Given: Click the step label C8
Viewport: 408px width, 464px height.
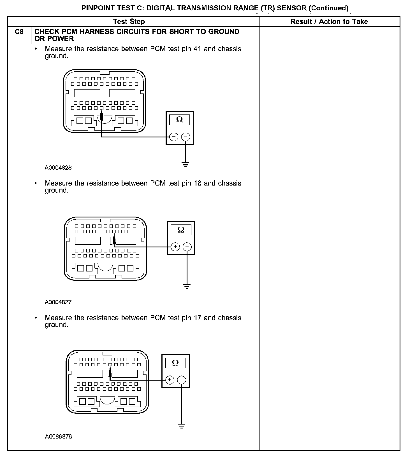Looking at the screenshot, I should click(19, 32).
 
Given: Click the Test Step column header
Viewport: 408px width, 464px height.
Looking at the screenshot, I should click(129, 22).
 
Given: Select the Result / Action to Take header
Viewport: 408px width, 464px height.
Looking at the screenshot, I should click(329, 22).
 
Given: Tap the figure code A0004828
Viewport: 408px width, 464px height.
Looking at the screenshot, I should click(58, 168).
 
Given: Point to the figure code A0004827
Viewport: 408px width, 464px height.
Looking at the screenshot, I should click(58, 302).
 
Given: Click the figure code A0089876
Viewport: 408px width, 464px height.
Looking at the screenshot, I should click(58, 436).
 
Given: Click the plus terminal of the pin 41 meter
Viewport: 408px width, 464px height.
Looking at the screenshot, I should click(174, 137).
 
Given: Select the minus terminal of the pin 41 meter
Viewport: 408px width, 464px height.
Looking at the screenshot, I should click(186, 137).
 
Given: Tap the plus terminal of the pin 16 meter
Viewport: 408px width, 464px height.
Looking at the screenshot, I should click(175, 247).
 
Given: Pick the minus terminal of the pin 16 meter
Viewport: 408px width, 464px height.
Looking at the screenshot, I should click(187, 247).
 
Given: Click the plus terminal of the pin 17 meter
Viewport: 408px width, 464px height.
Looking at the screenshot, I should click(170, 380).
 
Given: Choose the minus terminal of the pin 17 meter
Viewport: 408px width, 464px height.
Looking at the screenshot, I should click(181, 380).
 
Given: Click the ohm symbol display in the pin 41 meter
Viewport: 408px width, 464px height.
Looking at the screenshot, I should click(179, 120).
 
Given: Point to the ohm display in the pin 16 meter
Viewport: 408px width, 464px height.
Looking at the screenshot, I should click(181, 230).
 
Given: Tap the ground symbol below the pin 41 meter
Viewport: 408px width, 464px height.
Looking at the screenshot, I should click(186, 164).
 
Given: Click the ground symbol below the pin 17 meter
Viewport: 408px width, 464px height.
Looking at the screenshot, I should click(182, 426).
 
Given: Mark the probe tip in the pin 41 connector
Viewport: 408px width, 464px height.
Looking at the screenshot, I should click(101, 115).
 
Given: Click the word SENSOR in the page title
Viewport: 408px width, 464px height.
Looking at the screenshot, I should click(292, 8).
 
